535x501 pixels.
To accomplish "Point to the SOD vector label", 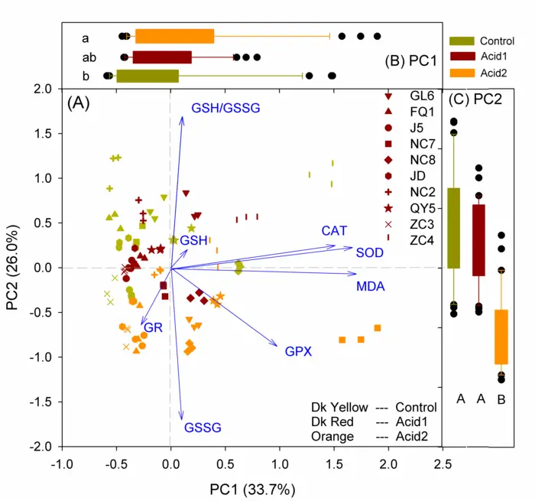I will pyautogui.click(x=370, y=252).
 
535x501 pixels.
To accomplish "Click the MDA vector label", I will pyautogui.click(x=371, y=287).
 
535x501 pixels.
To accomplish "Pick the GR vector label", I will pyautogui.click(x=154, y=328).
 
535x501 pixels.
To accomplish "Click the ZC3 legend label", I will pyautogui.click(x=422, y=224).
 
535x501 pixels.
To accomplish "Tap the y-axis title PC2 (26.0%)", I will pyautogui.click(x=14, y=268).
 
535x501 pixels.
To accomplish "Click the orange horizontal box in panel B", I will pyautogui.click(x=174, y=36).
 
